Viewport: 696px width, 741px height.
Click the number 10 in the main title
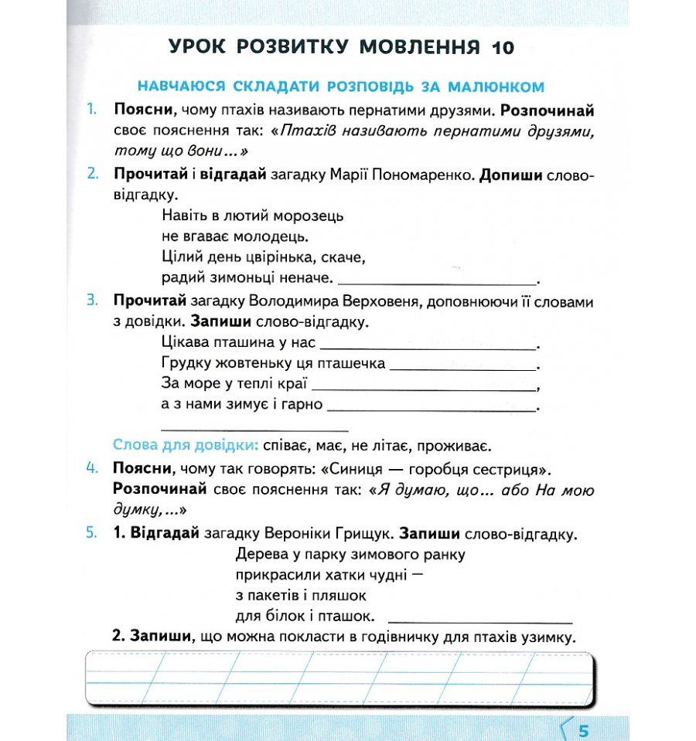(x=499, y=48)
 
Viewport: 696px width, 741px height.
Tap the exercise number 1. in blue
(x=92, y=110)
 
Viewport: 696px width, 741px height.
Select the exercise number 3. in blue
(x=92, y=300)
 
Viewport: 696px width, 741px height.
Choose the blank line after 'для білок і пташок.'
(x=479, y=621)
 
